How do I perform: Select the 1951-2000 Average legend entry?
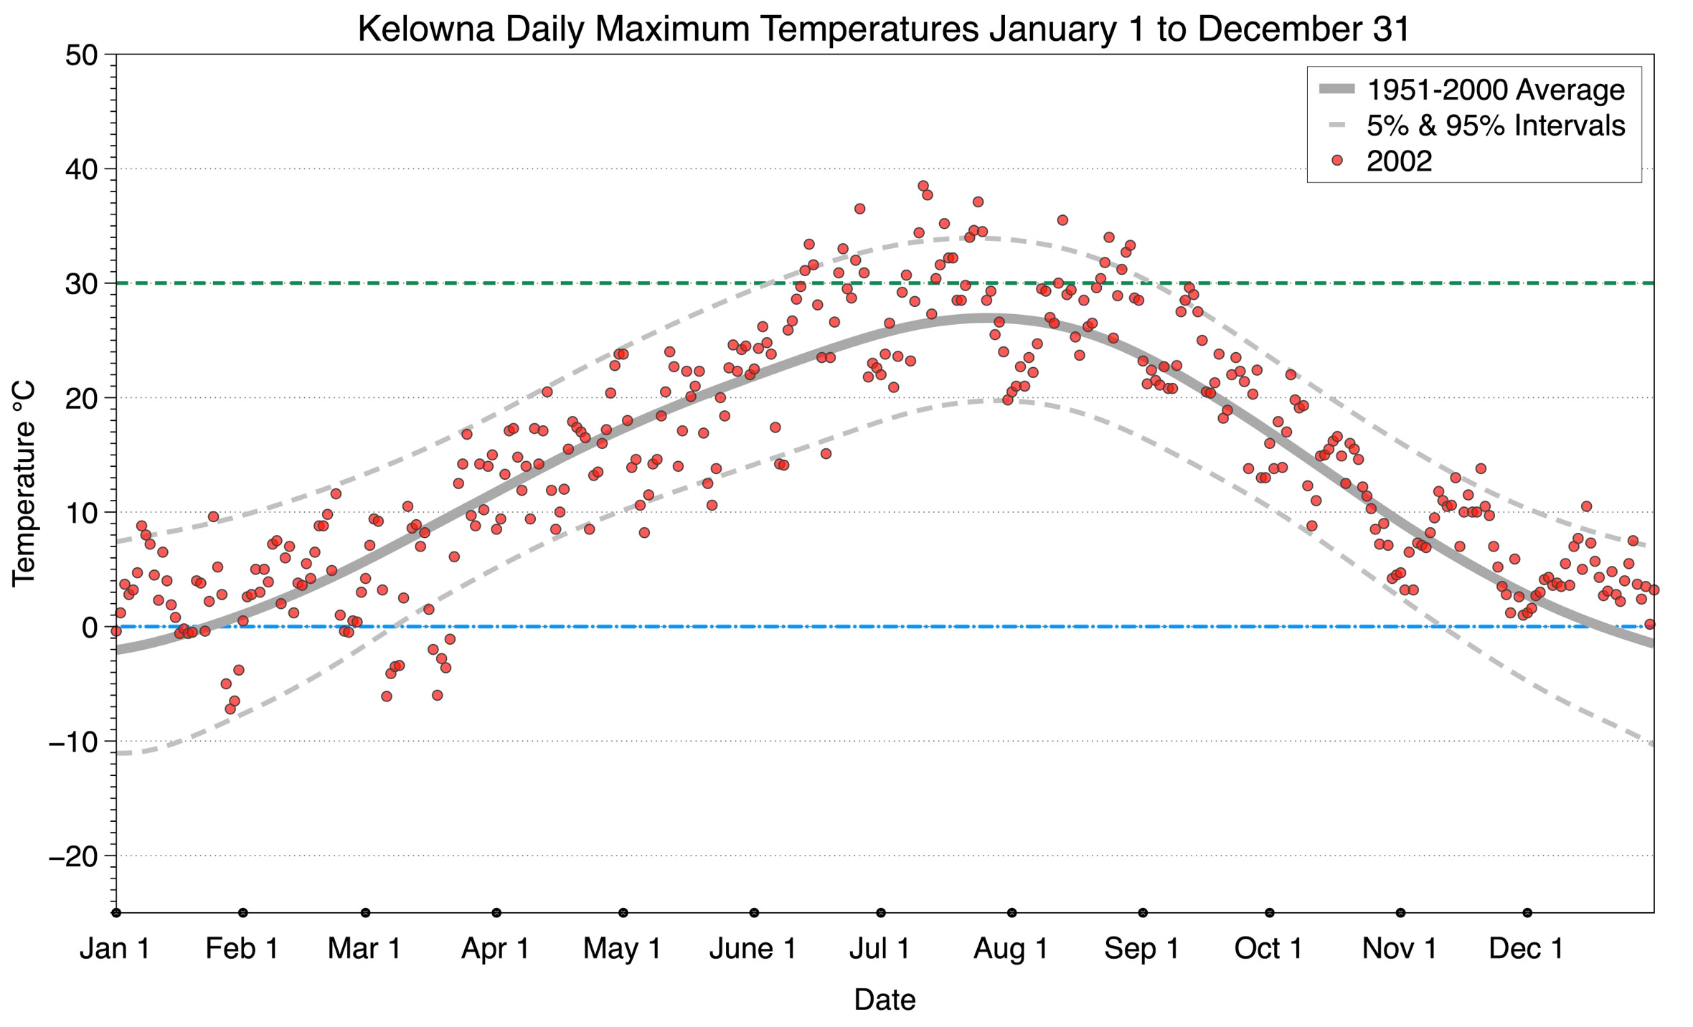click(1495, 90)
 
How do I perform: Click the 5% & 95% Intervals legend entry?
click(1495, 126)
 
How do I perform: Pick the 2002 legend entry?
click(1399, 161)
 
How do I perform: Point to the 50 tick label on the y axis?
click(81, 55)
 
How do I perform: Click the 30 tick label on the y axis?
click(81, 284)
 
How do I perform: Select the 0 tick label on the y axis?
click(90, 628)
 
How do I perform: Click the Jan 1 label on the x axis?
click(115, 949)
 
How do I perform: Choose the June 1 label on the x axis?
click(753, 949)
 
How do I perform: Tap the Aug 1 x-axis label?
click(1011, 949)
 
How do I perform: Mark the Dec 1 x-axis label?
click(1527, 949)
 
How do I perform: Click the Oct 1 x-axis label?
click(1268, 949)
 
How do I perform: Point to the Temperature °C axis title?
click(24, 483)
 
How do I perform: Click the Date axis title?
click(885, 1000)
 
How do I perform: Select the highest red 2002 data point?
click(923, 186)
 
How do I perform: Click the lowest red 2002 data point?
click(230, 709)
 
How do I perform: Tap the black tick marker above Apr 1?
click(496, 913)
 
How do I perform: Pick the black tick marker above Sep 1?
click(1143, 913)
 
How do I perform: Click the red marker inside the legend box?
click(1336, 161)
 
